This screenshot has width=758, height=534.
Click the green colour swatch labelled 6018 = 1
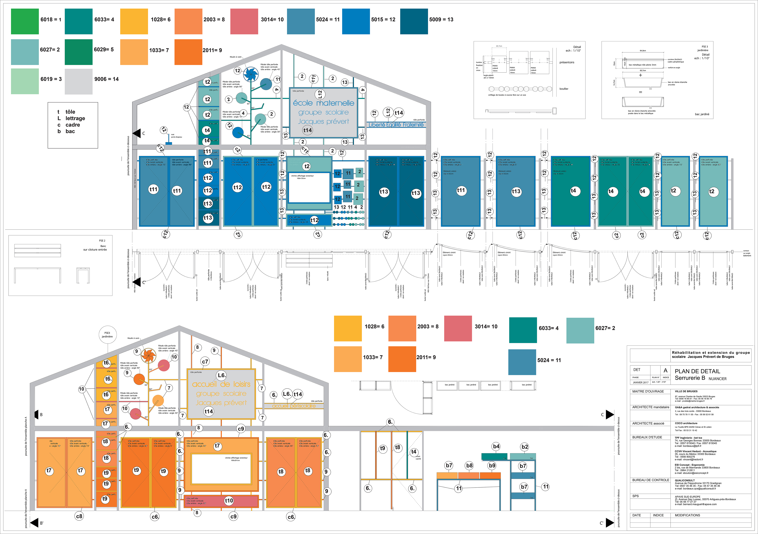[x=25, y=21]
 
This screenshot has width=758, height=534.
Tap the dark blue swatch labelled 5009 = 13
[x=414, y=21]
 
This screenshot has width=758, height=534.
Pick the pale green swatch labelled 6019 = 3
[x=25, y=81]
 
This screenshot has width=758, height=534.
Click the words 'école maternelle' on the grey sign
[x=323, y=103]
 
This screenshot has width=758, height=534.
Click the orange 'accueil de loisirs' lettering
[x=221, y=384]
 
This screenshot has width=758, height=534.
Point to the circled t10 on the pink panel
[x=229, y=501]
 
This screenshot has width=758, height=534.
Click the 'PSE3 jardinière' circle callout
[x=107, y=335]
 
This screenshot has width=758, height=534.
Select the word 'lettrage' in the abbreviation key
[x=75, y=118]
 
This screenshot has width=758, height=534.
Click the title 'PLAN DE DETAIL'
[x=697, y=371]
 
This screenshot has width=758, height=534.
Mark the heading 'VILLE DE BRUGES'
[x=686, y=391]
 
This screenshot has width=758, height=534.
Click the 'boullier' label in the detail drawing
[x=564, y=89]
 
